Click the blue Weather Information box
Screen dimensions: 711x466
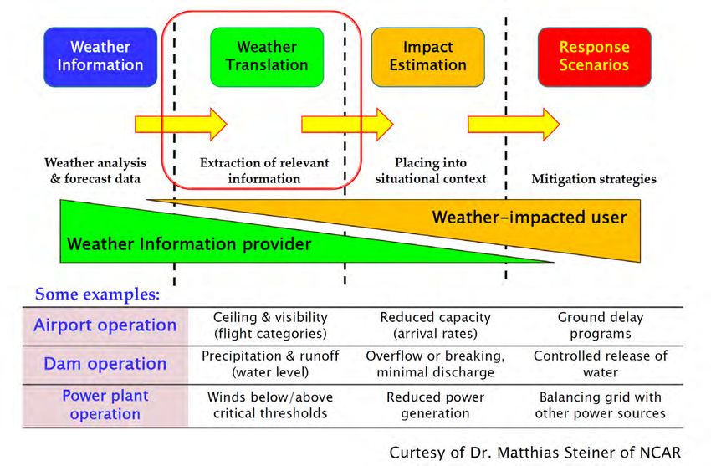point(100,57)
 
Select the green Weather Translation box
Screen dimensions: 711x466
point(267,57)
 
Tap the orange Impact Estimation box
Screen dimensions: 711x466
point(428,57)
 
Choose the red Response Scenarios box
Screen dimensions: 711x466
point(595,57)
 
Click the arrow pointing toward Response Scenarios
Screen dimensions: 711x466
point(514,124)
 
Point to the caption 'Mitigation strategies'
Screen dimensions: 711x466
point(594,179)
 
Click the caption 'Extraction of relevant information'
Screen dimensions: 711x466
point(264,171)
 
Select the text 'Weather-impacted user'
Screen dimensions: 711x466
point(529,218)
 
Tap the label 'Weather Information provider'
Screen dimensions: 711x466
point(189,244)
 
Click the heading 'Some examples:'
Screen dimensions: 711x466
point(98,294)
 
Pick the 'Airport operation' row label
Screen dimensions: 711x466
point(105,325)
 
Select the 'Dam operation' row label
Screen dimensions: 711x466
point(105,364)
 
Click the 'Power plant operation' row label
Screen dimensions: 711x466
point(105,405)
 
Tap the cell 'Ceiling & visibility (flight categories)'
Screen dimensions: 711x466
point(270,325)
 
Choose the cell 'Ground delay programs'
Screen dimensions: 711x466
point(601,325)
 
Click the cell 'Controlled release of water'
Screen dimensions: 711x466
point(601,364)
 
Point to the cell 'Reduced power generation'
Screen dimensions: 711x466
point(435,405)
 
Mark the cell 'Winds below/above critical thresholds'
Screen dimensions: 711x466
point(270,405)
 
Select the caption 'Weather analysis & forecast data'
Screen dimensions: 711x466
point(95,171)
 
